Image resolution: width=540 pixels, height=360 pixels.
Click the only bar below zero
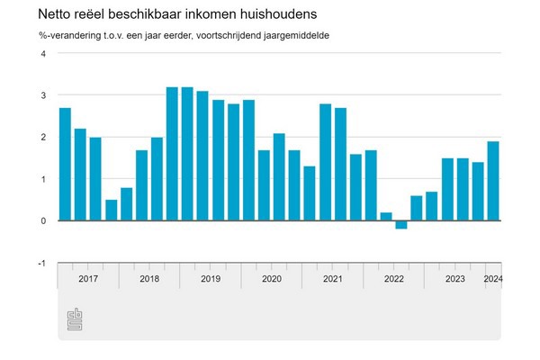400,225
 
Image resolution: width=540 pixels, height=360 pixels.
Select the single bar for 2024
493,181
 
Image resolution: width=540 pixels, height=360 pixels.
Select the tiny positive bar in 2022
386,216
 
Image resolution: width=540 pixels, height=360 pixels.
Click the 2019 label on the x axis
211,278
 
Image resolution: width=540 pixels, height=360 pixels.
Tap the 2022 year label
394,278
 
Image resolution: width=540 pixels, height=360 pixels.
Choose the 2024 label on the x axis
493,278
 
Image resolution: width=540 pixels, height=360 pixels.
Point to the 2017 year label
88,278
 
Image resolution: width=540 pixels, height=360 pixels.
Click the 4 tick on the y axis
42,53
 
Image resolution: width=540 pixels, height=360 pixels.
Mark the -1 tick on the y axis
40,263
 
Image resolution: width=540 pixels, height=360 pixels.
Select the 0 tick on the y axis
42,220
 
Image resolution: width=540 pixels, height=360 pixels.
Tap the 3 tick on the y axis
42,94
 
